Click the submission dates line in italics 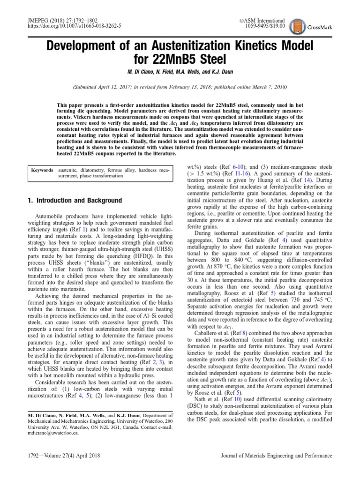180,87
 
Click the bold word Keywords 42,170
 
